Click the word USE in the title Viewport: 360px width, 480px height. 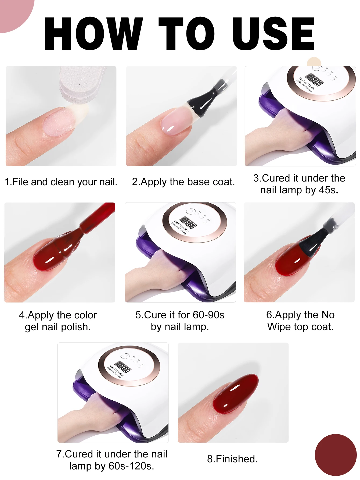(273, 34)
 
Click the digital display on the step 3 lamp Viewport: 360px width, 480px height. (314, 80)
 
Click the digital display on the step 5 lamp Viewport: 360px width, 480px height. (188, 222)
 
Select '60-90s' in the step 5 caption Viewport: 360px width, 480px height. (208, 315)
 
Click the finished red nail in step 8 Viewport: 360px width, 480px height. (235, 394)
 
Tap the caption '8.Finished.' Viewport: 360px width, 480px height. (232, 459)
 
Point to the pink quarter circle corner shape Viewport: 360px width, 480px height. (13, 12)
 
